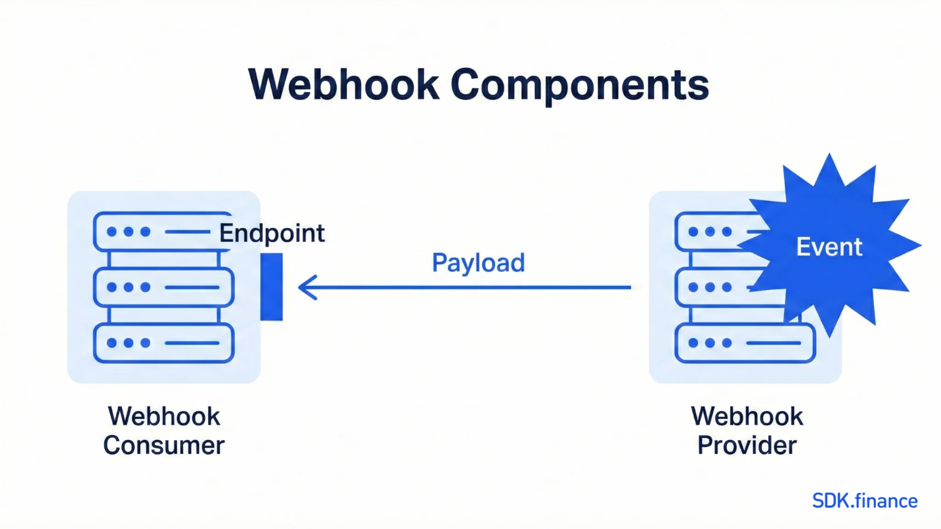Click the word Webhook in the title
pyautogui.click(x=344, y=85)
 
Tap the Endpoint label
pyautogui.click(x=272, y=233)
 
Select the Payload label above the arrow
pyautogui.click(x=478, y=263)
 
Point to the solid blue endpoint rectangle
pyautogui.click(x=272, y=287)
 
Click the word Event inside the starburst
pyautogui.click(x=829, y=247)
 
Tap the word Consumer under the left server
pyautogui.click(x=164, y=445)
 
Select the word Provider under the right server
pyautogui.click(x=747, y=445)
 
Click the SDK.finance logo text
pyautogui.click(x=864, y=501)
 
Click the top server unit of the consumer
pyautogui.click(x=164, y=231)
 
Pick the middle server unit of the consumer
pyautogui.click(x=164, y=287)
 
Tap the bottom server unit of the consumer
pyautogui.click(x=164, y=343)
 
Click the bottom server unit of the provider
pyautogui.click(x=745, y=343)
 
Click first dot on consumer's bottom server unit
pyautogui.click(x=112, y=343)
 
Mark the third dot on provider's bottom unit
pyautogui.click(x=727, y=343)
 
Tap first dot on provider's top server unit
pyautogui.click(x=693, y=232)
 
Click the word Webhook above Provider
pyautogui.click(x=747, y=416)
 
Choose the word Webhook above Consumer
pyautogui.click(x=164, y=416)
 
